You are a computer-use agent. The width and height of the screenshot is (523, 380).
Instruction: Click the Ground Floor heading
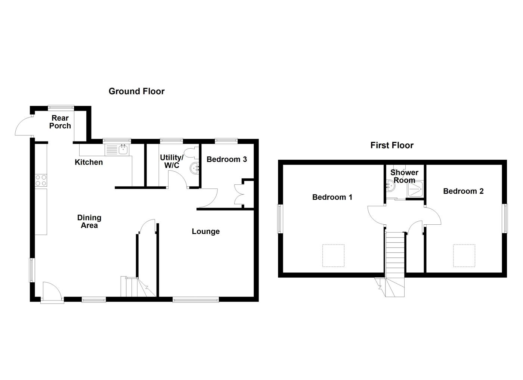click(x=136, y=91)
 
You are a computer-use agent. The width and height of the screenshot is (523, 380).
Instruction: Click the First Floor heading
click(x=392, y=145)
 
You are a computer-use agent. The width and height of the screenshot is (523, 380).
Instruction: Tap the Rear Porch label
click(x=60, y=122)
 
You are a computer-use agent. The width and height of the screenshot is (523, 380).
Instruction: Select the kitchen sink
click(x=123, y=150)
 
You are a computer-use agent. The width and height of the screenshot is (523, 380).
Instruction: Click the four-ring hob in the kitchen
click(x=41, y=180)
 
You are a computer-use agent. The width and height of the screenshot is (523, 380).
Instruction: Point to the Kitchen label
click(x=89, y=162)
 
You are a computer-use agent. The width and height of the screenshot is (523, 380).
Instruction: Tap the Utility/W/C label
click(x=171, y=161)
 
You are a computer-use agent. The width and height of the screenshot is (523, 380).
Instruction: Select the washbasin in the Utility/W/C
click(x=195, y=168)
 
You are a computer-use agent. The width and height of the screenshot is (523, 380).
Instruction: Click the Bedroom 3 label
click(x=226, y=159)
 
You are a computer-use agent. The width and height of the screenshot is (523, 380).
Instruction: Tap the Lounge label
click(x=205, y=231)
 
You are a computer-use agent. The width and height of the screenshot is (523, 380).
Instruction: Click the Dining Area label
click(x=89, y=221)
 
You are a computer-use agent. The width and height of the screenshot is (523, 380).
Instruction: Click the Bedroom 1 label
click(x=332, y=197)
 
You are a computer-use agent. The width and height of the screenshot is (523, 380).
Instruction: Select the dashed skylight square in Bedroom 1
click(x=333, y=256)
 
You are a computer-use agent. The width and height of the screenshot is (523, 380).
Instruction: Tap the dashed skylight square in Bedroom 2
click(x=464, y=256)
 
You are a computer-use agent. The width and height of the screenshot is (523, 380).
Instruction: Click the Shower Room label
click(x=404, y=176)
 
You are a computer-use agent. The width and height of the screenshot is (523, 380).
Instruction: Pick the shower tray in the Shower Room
click(x=415, y=189)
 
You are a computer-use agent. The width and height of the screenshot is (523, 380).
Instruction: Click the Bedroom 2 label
click(x=463, y=191)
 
